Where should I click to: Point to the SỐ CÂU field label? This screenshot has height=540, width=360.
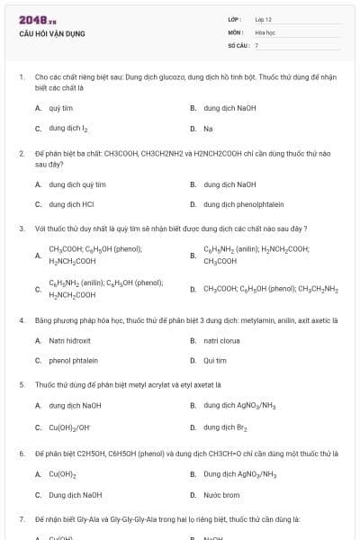pos(237,44)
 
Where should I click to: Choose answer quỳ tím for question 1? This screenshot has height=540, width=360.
pos(60,108)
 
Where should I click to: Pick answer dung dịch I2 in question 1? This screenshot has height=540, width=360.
pos(68,129)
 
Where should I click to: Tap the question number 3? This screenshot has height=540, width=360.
pos(22,229)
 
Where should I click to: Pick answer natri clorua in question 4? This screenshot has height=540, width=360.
pos(221,341)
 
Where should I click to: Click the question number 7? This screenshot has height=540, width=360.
pos(22,519)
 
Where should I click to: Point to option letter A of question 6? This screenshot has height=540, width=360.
pos(38,473)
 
